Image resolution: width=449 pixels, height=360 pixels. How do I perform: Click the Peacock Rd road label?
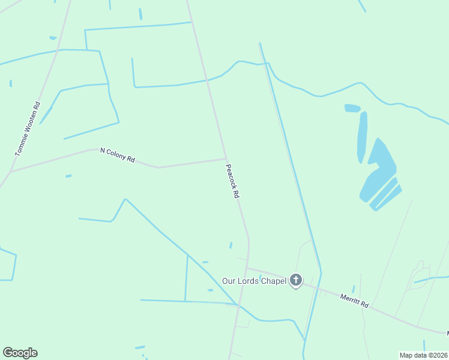[232, 182]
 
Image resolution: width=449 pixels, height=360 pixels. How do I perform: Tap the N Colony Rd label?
[118, 155]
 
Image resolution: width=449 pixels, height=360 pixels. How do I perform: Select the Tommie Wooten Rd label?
[28, 129]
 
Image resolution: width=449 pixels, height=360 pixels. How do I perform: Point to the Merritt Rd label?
[354, 300]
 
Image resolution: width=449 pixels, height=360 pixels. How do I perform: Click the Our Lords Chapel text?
[254, 281]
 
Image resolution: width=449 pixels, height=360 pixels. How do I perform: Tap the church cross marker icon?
[296, 280]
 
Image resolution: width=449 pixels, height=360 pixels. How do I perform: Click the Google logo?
[20, 353]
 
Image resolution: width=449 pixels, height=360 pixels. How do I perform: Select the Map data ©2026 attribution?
[423, 355]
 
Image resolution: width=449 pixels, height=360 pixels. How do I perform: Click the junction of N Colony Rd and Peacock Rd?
[226, 159]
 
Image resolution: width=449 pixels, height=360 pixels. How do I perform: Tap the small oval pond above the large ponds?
[352, 108]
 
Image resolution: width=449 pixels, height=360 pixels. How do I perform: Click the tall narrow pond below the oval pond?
[362, 137]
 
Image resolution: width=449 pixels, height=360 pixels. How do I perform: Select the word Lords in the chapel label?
[248, 281]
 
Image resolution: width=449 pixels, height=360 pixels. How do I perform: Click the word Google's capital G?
[8, 353]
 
